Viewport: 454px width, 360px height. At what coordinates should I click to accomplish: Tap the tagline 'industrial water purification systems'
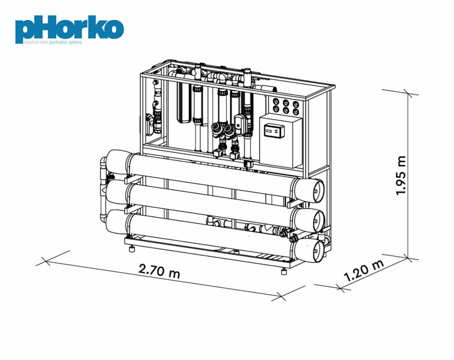(53, 42)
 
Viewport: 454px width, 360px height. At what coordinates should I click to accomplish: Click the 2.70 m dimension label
(159, 270)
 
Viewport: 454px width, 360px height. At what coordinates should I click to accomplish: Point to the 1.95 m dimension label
(401, 176)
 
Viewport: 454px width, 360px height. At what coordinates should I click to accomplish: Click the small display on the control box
(274, 130)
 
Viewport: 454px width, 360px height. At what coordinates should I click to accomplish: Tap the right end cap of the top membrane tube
(309, 190)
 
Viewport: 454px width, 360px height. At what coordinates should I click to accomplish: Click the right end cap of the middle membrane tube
(309, 220)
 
